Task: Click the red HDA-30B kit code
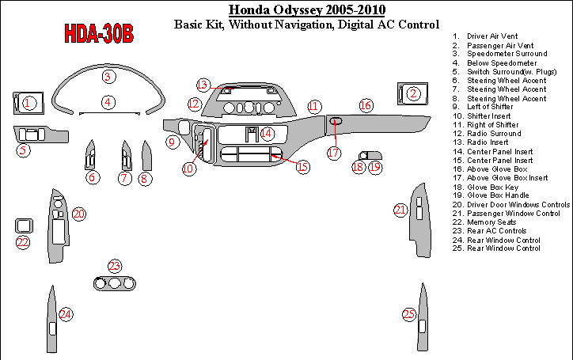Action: coord(99,34)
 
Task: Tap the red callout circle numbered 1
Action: coord(28,103)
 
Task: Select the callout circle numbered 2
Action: coord(412,94)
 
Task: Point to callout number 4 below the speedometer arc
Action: coord(108,102)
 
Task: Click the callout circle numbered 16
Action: coord(365,104)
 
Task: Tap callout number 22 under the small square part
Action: coord(23,242)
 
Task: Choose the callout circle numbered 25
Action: coord(409,314)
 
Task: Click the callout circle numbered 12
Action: coord(194,104)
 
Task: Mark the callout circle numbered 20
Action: coord(78,214)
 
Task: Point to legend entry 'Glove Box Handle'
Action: coord(499,195)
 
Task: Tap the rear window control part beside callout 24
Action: coord(52,321)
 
